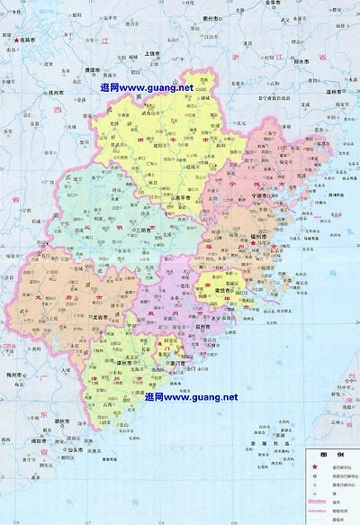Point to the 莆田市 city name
point(213,315)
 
